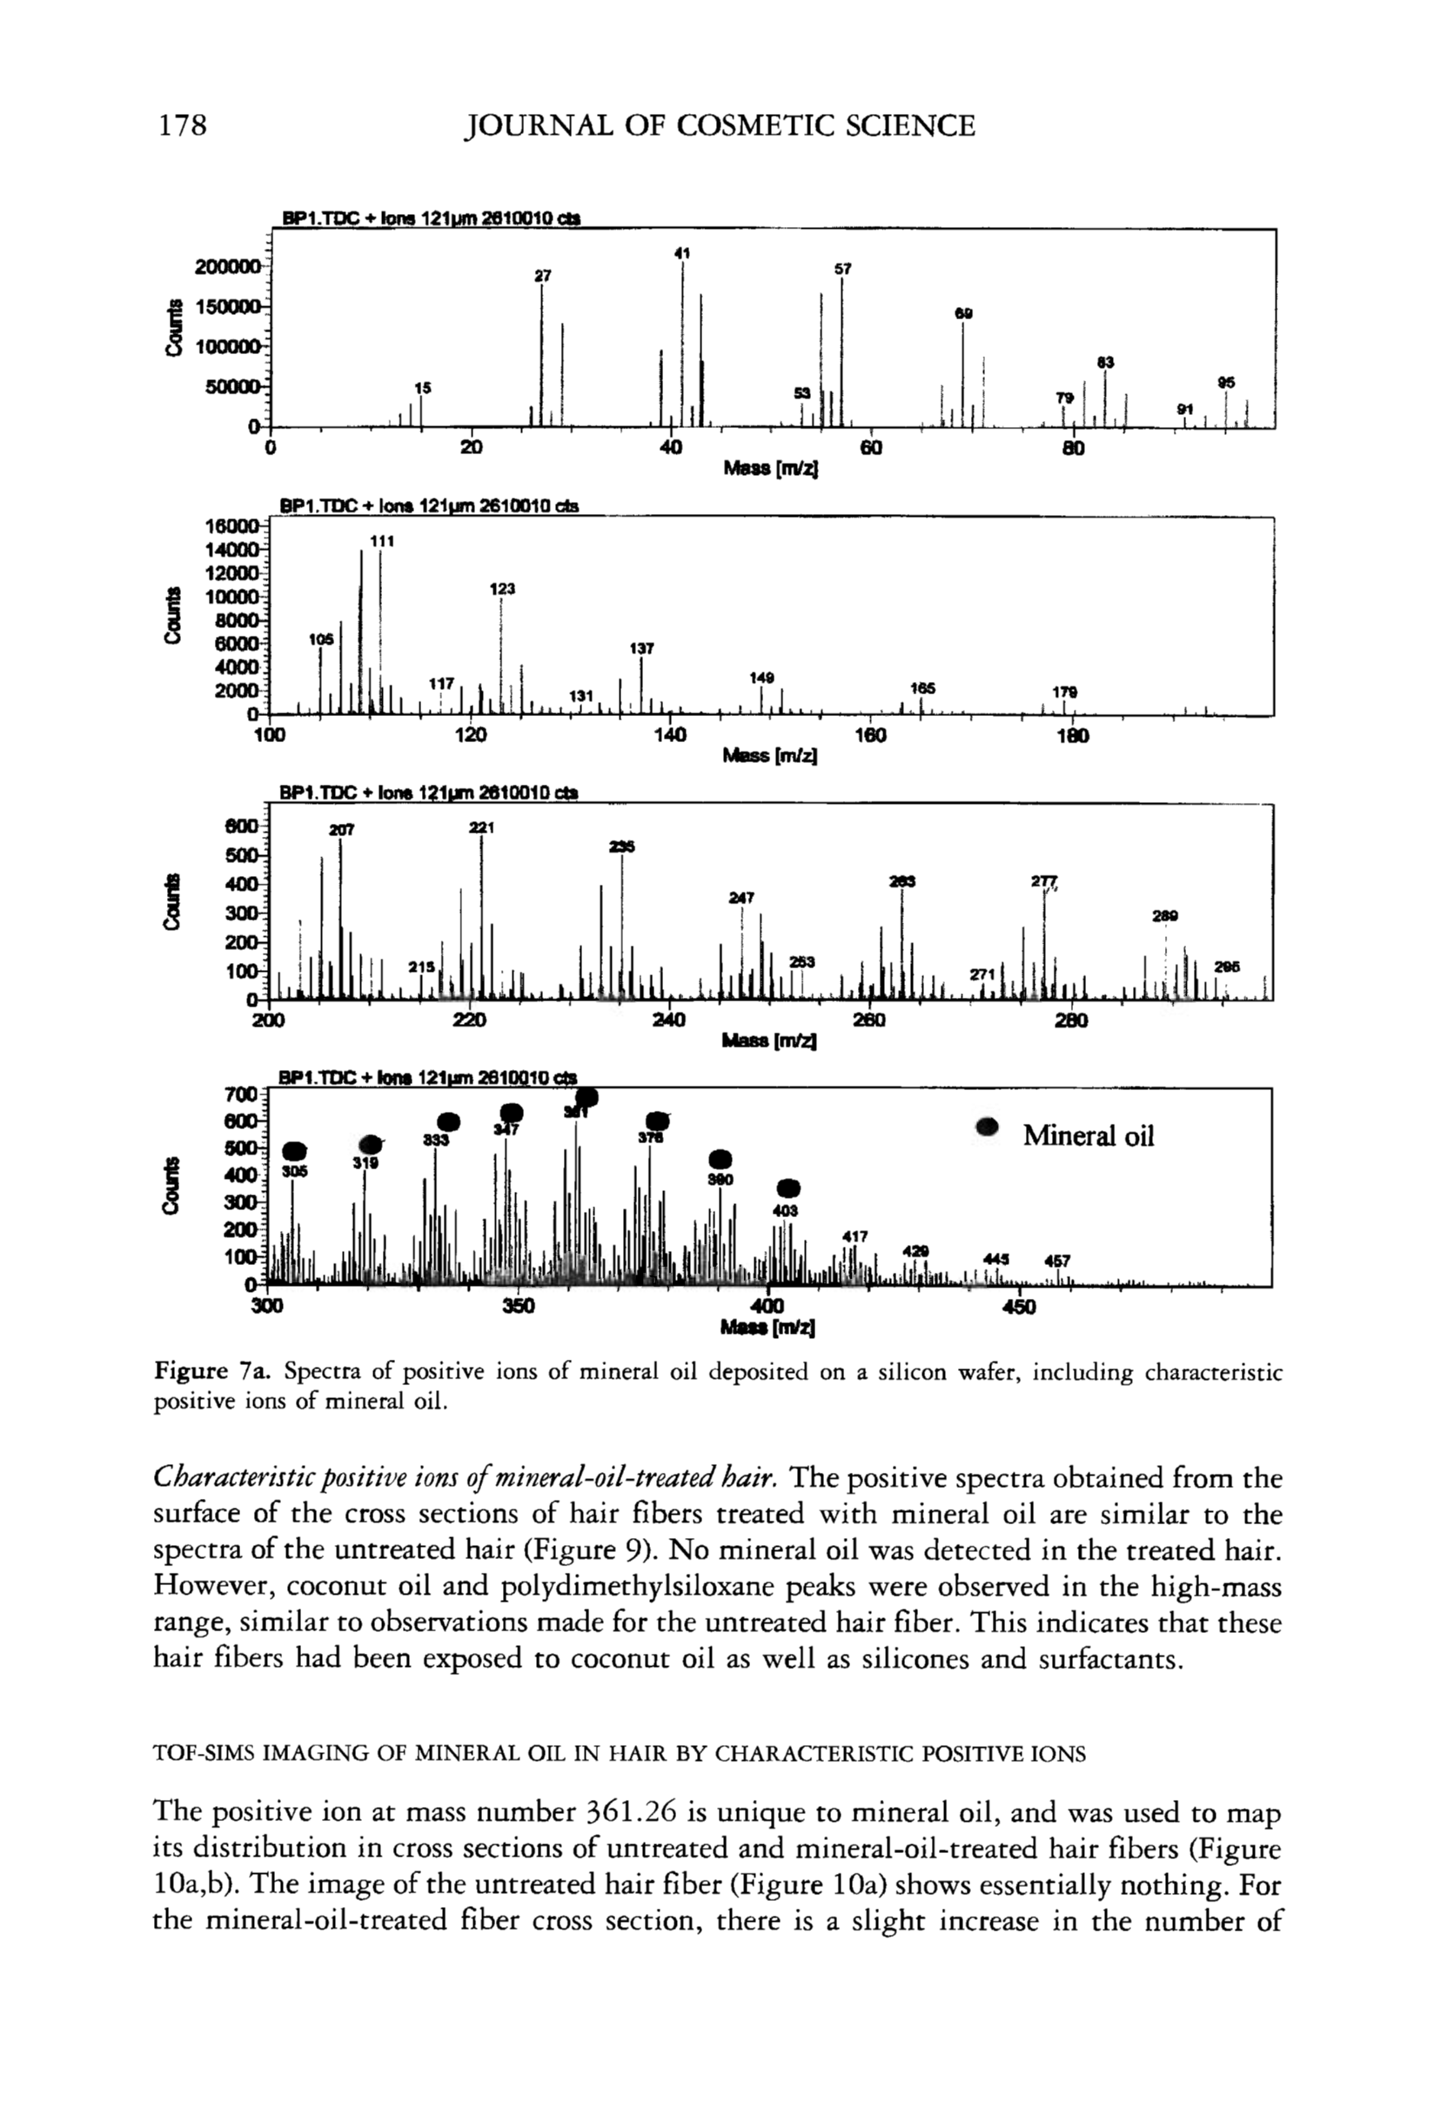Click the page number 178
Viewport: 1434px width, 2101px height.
tap(184, 124)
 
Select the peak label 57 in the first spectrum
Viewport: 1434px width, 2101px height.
tap(841, 269)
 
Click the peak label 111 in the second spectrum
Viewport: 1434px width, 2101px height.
tap(381, 540)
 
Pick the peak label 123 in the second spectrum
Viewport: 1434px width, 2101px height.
tap(502, 588)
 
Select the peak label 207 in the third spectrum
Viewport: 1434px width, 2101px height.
tap(342, 829)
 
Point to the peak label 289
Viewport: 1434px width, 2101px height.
tap(1164, 916)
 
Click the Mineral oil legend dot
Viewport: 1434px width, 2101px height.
tap(988, 1127)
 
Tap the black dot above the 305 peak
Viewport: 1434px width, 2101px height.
tap(295, 1151)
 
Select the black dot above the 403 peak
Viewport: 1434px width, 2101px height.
tap(788, 1188)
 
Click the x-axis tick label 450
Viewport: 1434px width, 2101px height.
tap(1018, 1307)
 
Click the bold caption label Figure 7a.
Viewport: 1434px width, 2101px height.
tap(209, 1371)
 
